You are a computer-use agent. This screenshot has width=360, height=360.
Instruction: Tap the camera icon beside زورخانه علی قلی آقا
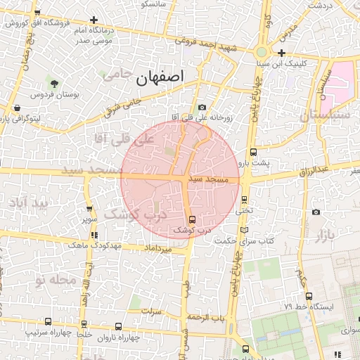pos(202,107)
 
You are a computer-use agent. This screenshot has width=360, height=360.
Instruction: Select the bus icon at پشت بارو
pos(253,152)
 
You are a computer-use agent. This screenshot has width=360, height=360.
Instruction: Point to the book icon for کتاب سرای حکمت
pos(244,230)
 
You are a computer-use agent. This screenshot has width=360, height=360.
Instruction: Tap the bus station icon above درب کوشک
pos(192,219)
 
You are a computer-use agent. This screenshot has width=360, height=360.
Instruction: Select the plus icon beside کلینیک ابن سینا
pos(281,53)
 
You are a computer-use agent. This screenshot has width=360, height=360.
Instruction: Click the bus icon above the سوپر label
pos(89,208)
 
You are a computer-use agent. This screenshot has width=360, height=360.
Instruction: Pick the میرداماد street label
pos(157,249)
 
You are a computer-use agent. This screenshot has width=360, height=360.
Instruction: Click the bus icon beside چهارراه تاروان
pos(117,327)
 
